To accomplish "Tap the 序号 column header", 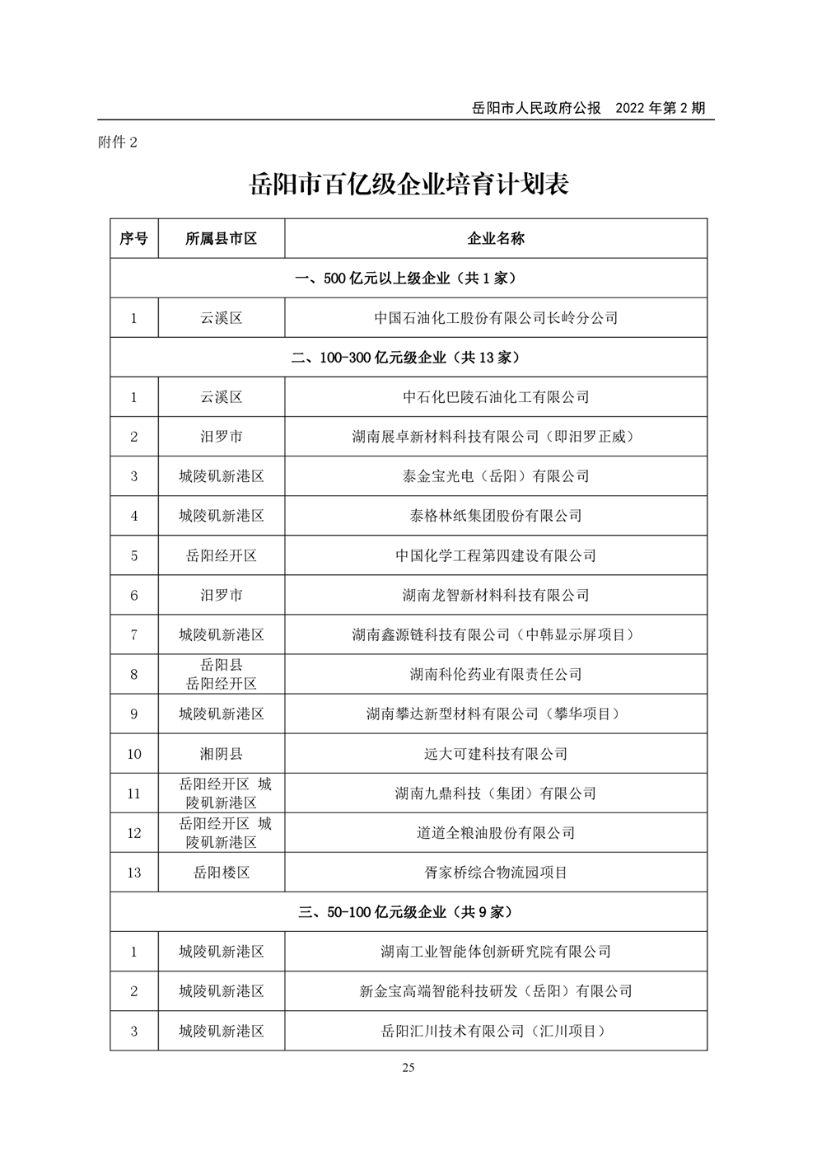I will coord(133,238).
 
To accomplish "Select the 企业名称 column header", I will coord(496,238).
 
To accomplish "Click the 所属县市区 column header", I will coord(221,238).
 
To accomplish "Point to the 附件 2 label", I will coord(118,142).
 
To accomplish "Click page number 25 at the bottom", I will coord(408,1068).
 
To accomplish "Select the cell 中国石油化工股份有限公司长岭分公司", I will coord(496,317).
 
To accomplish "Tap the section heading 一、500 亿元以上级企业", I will coord(408,278).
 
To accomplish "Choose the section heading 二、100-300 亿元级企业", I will coord(408,357).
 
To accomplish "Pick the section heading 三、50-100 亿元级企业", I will coord(408,912).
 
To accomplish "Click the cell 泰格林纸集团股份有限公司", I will coord(496,516).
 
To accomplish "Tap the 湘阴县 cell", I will coord(221,753).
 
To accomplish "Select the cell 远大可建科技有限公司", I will coord(496,753).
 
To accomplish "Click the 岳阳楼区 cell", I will coord(221,873).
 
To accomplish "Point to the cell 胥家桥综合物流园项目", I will coord(496,873).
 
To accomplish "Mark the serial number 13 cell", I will coord(133,873).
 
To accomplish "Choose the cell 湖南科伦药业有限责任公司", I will coord(496,674).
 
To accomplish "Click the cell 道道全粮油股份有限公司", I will coord(496,833).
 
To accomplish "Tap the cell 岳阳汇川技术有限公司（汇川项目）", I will coord(496,1031).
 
